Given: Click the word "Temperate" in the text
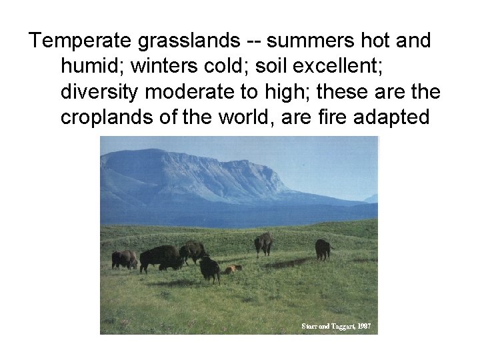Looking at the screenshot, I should coord(80,41).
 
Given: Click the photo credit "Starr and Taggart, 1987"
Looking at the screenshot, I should coord(335,327).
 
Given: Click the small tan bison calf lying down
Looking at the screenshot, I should coord(231,269).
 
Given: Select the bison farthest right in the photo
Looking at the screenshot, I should coord(323,249).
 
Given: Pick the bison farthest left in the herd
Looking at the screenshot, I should coord(124,259).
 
